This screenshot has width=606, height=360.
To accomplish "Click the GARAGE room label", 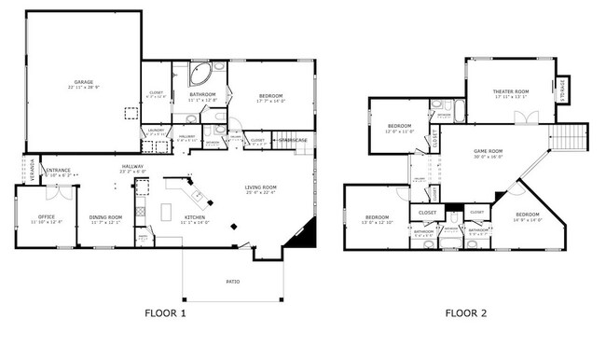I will (83, 82).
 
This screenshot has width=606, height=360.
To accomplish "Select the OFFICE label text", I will (47, 217).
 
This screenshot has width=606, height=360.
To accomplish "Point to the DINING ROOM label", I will (105, 217).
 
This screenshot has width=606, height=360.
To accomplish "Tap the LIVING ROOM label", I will (261, 188).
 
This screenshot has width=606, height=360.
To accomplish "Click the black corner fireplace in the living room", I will (299, 241).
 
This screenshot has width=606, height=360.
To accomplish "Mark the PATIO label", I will (233, 280).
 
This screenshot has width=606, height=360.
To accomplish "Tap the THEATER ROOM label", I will (511, 90).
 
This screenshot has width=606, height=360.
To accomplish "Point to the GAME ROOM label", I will (488, 151).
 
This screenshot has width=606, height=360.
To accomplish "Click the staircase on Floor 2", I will (574, 141).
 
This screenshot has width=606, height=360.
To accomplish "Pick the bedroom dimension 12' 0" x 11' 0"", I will (400, 131).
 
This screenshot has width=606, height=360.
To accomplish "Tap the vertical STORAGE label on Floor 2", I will (563, 91).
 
